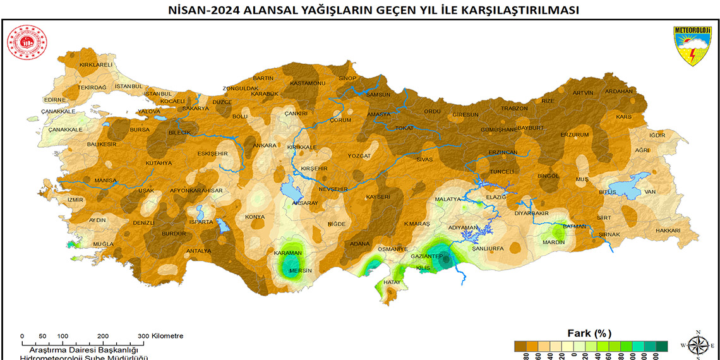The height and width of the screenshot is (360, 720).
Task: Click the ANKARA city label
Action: (265, 145)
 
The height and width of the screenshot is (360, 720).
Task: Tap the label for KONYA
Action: (255, 217)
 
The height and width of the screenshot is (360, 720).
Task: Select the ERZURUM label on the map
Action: (575, 135)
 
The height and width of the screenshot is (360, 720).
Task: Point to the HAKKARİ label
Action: (668, 231)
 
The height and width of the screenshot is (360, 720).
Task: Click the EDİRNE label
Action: (55, 100)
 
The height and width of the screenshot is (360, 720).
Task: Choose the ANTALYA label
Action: (199, 251)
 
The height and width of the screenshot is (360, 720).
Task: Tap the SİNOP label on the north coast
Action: (348, 78)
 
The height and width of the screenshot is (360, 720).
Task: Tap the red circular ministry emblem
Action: (24, 42)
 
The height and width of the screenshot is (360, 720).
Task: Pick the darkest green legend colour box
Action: (661, 345)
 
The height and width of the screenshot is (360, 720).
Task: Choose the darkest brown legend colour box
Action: (521, 345)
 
